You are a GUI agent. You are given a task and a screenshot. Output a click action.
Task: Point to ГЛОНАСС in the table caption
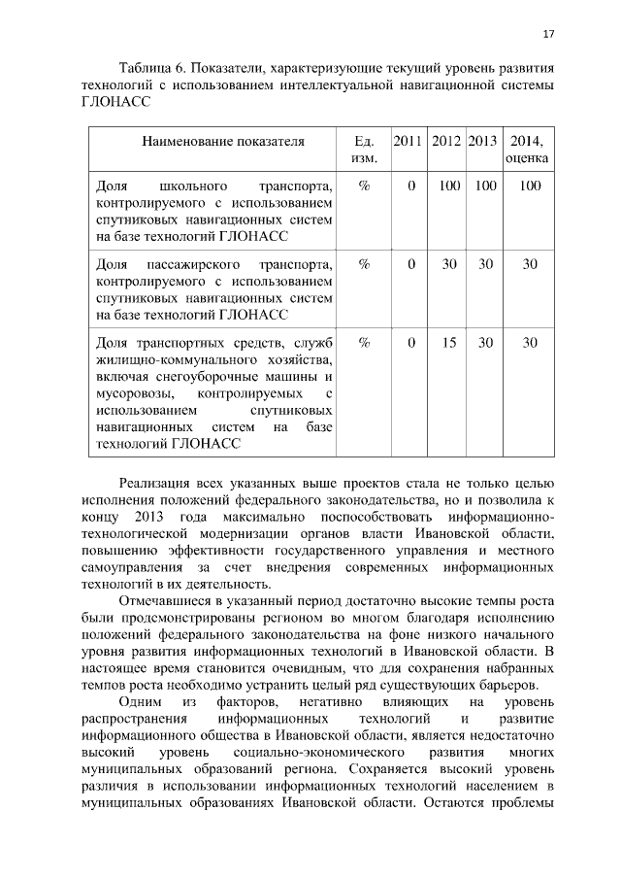[x=110, y=105]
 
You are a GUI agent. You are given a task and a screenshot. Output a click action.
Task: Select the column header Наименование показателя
[x=223, y=141]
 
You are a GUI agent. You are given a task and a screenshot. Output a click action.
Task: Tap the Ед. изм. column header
[x=364, y=149]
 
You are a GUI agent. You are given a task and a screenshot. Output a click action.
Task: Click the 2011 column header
[x=409, y=141]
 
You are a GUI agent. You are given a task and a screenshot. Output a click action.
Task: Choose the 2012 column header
[x=446, y=141]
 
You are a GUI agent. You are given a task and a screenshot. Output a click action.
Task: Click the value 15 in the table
[x=447, y=342]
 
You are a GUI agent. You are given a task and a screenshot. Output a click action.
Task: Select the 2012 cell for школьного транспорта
[x=447, y=185]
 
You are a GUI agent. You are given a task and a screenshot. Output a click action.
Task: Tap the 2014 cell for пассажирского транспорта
[x=530, y=263]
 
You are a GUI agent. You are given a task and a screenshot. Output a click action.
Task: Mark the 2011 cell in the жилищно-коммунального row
[x=411, y=342]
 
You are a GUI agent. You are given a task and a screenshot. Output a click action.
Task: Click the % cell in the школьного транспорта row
[x=364, y=185]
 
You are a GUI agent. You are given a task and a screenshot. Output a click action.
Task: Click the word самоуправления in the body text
[x=129, y=567]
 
